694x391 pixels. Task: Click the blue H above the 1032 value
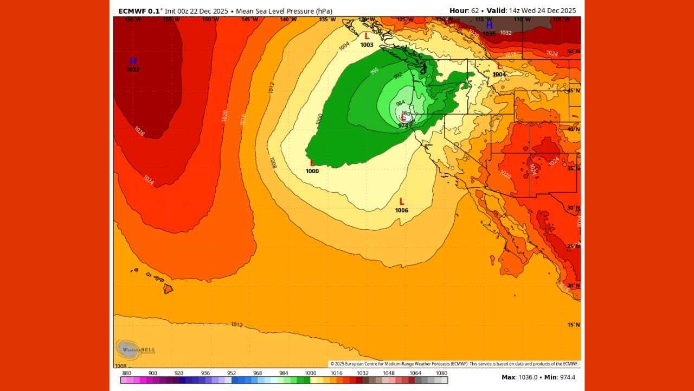pyautogui.click(x=133, y=61)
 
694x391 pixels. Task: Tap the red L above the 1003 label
pyautogui.click(x=367, y=36)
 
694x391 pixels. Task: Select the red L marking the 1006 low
pyautogui.click(x=402, y=201)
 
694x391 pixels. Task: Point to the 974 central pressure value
pyautogui.click(x=403, y=125)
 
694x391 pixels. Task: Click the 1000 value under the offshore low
pyautogui.click(x=312, y=171)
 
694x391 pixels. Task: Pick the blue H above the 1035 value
pyautogui.click(x=489, y=25)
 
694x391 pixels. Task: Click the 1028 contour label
pyautogui.click(x=139, y=131)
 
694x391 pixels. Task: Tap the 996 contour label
pyautogui.click(x=374, y=71)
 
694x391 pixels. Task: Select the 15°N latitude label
pyautogui.click(x=573, y=325)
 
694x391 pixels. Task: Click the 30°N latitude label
pyautogui.click(x=573, y=207)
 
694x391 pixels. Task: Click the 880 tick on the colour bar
pyautogui.click(x=127, y=373)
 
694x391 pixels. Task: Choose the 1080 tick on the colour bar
pyautogui.click(x=441, y=373)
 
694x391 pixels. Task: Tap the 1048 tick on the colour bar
pyautogui.click(x=389, y=373)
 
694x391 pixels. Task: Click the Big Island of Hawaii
pyautogui.click(x=169, y=288)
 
